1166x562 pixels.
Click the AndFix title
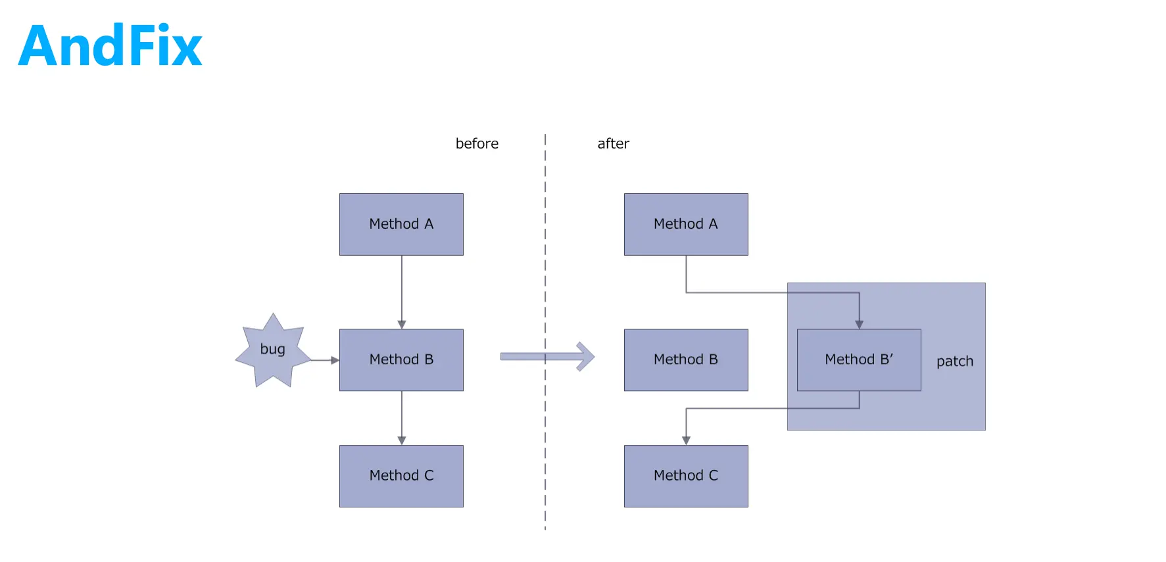pyautogui.click(x=110, y=46)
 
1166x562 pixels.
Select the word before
pyautogui.click(x=477, y=143)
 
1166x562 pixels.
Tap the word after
pyautogui.click(x=613, y=143)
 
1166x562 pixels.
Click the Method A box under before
pyautogui.click(x=401, y=224)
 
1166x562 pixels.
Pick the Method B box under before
pyautogui.click(x=401, y=360)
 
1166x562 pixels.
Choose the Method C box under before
pyautogui.click(x=401, y=476)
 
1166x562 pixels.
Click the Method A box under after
pyautogui.click(x=686, y=224)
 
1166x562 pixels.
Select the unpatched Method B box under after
pyautogui.click(x=686, y=360)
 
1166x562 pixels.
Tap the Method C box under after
pyautogui.click(x=686, y=476)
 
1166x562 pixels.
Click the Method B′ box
pyautogui.click(x=859, y=360)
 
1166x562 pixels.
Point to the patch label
pyautogui.click(x=955, y=362)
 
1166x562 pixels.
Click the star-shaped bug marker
pyautogui.click(x=273, y=350)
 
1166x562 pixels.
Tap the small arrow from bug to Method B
pyautogui.click(x=325, y=360)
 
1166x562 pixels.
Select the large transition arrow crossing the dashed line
pyautogui.click(x=547, y=357)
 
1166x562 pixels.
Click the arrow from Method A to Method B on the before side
pyautogui.click(x=402, y=293)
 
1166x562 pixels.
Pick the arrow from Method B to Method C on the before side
pyautogui.click(x=402, y=418)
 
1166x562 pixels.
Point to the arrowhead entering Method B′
pyautogui.click(x=859, y=325)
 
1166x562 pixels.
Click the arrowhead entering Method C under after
pyautogui.click(x=686, y=440)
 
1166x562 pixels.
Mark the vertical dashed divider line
pyautogui.click(x=545, y=332)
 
